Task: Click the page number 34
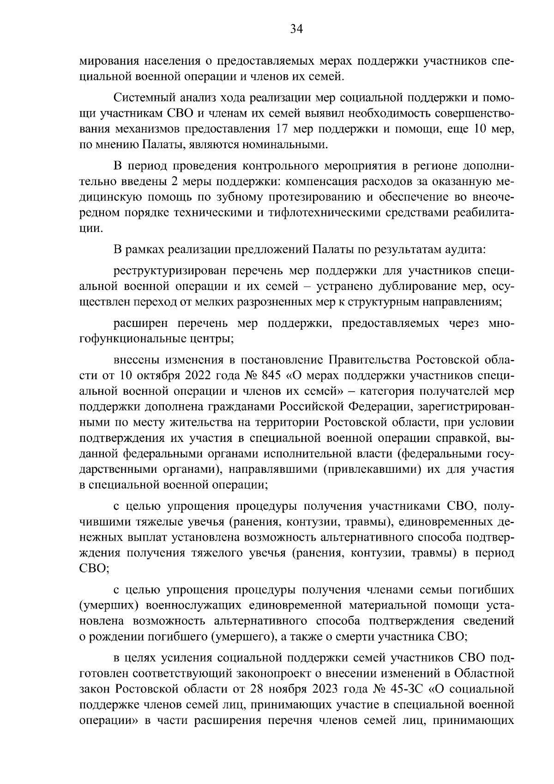tap(296, 30)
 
